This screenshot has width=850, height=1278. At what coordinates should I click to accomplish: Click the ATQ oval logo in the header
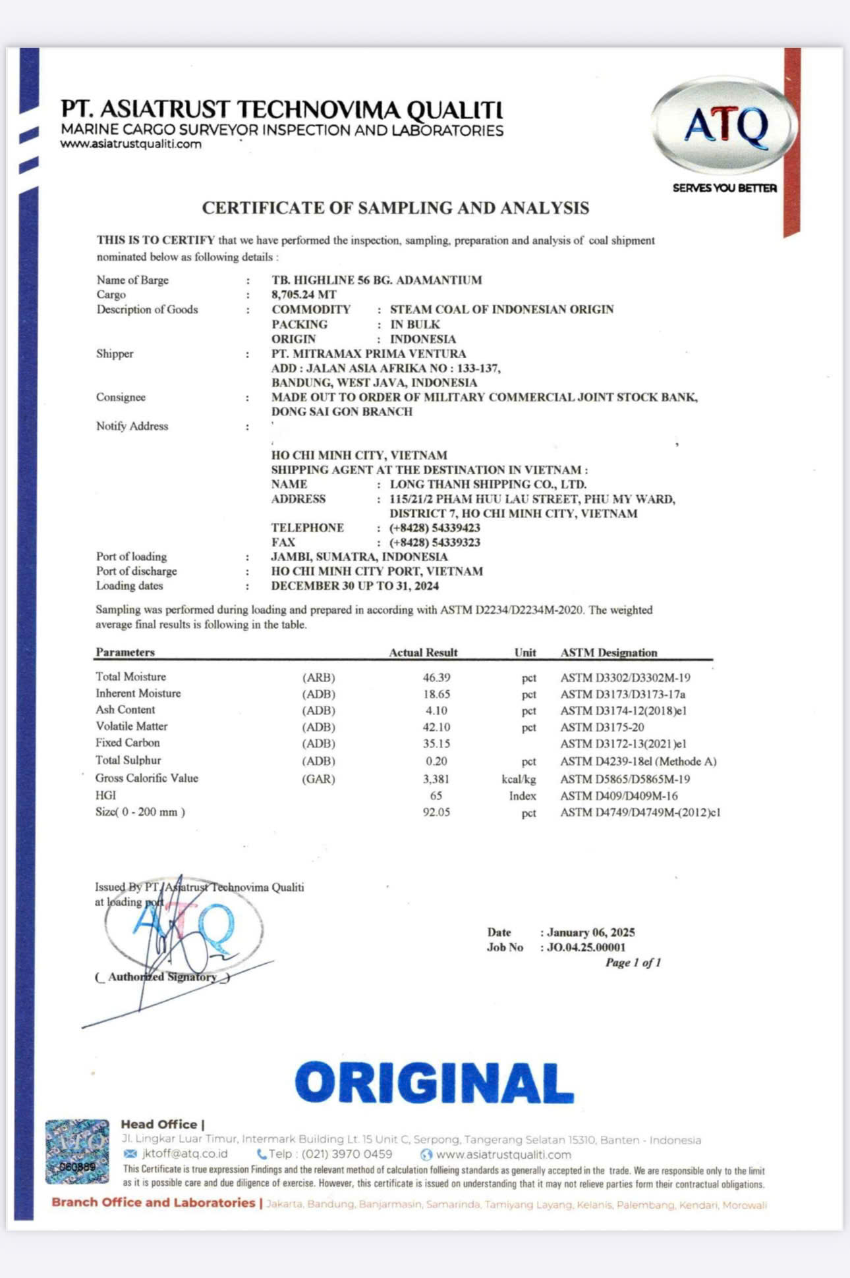pos(725,126)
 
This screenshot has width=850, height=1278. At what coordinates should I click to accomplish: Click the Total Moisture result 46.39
pos(436,678)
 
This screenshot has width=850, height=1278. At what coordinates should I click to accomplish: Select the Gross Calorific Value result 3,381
pos(436,779)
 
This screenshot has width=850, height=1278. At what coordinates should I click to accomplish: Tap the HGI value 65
pos(436,795)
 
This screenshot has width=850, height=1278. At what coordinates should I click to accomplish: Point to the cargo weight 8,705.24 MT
pos(304,294)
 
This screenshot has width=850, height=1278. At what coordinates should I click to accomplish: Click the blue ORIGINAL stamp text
pos(434,1083)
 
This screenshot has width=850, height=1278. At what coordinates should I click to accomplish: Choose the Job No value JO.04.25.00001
pos(586,947)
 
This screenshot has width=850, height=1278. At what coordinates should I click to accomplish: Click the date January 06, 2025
pos(591,932)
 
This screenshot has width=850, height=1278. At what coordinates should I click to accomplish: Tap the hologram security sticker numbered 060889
pos(77,1152)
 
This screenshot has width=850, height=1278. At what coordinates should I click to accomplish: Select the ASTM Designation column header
pos(609,652)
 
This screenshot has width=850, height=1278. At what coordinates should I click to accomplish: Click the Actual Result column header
pos(423,652)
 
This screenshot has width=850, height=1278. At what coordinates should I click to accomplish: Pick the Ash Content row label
pos(125,710)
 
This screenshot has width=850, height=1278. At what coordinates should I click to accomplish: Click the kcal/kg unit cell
pos(519,779)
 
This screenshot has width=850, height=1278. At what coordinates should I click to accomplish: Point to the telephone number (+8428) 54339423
pos(435,528)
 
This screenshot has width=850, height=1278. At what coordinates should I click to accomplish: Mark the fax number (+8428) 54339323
pos(435,543)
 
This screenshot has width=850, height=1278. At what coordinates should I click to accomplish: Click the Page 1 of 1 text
pos(633,963)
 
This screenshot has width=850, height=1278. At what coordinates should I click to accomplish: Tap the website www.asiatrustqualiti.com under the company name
pos(131,144)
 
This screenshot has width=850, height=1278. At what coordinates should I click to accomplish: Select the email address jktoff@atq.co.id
pos(184,1154)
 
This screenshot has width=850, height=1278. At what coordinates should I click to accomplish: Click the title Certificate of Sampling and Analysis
pos(395,208)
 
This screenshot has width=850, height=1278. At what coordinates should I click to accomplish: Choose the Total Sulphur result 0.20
pos(436,761)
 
